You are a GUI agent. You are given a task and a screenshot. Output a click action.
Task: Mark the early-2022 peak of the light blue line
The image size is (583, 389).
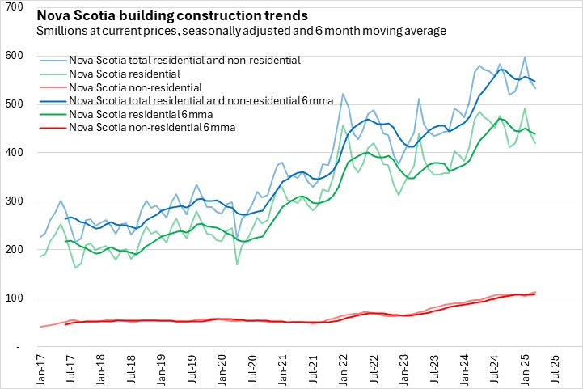(x=342, y=94)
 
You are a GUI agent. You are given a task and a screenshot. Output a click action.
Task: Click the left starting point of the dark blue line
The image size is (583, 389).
(x=65, y=218)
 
